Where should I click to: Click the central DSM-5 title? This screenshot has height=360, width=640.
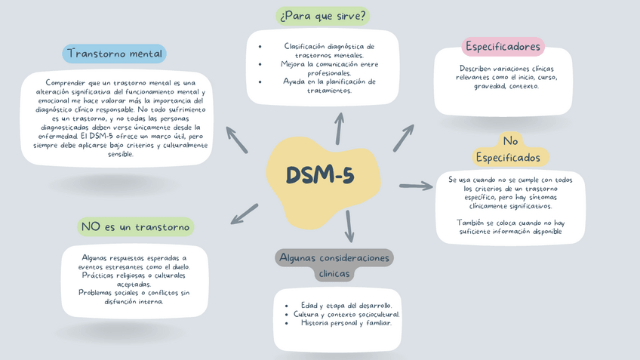pos(320,175)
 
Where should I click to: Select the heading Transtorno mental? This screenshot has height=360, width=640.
pos(114,54)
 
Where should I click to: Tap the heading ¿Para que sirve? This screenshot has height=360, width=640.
pos(322,16)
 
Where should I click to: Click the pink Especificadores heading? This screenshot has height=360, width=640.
pos(503,47)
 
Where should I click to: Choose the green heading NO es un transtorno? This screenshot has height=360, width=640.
pos(135,227)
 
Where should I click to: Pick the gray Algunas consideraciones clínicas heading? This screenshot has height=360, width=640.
pos(334,265)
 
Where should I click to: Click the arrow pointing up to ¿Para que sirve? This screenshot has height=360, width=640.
pos(340,128)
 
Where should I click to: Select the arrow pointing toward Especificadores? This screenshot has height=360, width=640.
pos(403,138)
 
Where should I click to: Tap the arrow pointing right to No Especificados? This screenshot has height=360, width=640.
pos(416,186)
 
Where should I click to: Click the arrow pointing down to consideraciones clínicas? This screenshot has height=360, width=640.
pos(349,226)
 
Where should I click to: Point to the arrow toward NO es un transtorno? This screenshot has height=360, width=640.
pos(245,214)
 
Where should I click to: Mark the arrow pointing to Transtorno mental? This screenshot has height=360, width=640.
pos(236,140)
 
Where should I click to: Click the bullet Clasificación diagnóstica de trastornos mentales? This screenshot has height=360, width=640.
pos(329,51)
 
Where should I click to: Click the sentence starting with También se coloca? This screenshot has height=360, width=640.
pos(510,227)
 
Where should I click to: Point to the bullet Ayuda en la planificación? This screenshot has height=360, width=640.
pos(329,86)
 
